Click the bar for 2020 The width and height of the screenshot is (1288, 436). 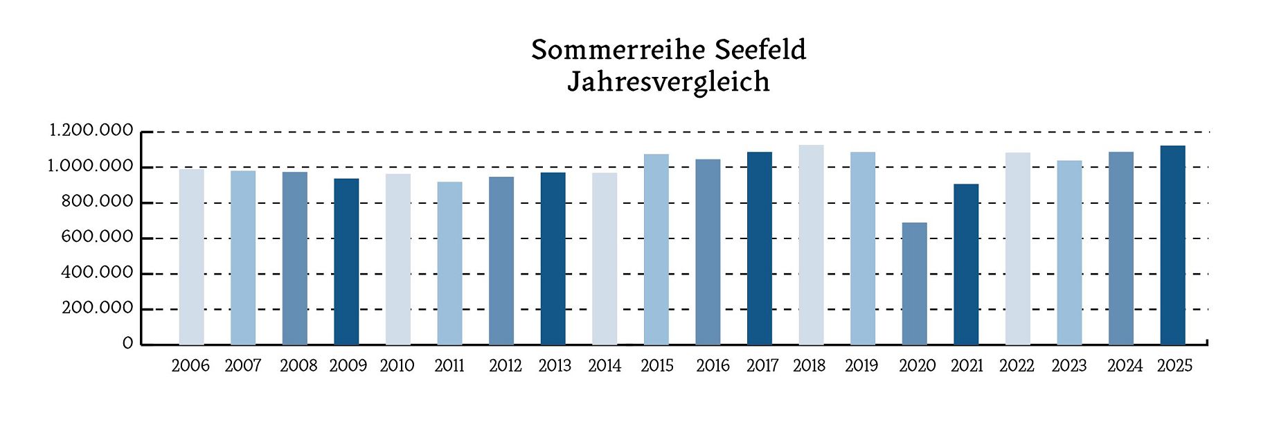pos(914,284)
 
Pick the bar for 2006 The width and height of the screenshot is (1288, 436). pos(191,256)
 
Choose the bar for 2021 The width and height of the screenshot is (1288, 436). pos(966,264)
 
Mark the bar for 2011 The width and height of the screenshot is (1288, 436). pos(449,263)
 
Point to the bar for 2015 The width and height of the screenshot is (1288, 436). pos(656,250)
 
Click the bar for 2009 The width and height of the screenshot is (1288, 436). pos(346,261)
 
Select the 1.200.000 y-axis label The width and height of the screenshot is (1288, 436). pos(91,130)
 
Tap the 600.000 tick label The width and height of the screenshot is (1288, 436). pos(97,237)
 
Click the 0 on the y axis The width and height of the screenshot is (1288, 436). pos(127,344)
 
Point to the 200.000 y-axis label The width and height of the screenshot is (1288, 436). pos(97,308)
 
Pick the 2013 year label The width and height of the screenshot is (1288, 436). pos(555,366)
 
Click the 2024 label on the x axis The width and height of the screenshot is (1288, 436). pos(1125,366)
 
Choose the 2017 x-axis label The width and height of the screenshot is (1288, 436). pos(762,366)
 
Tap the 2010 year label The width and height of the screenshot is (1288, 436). pos(397,366)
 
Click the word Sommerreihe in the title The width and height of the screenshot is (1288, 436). pos(618,50)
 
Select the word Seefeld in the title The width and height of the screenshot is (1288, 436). pos(760,50)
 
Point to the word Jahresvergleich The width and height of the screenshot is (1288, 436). pos(668,82)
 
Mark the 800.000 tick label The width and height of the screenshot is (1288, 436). pos(97,202)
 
